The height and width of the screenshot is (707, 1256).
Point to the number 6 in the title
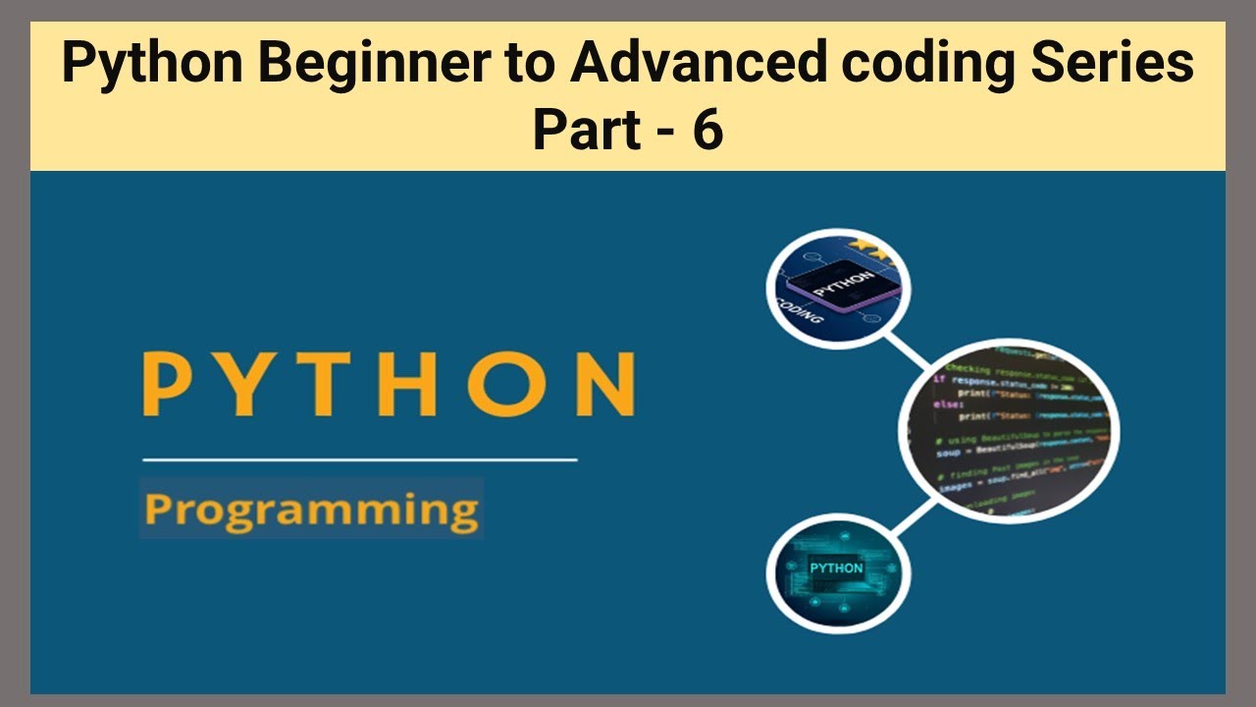[706, 130]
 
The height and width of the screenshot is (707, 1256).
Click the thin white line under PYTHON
[359, 459]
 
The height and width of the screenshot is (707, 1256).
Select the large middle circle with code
[1009, 430]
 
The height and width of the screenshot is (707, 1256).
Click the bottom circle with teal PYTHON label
[838, 571]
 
